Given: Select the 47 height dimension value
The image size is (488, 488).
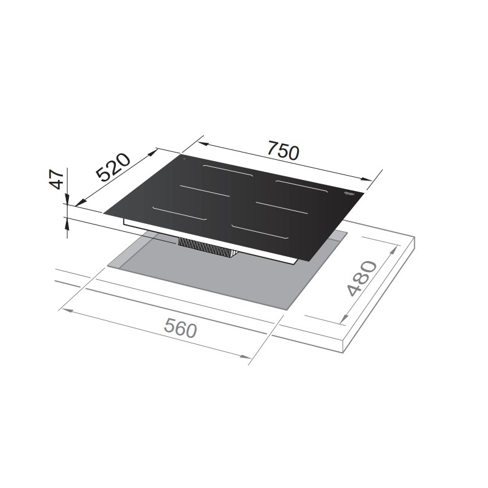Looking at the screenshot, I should coord(57,180).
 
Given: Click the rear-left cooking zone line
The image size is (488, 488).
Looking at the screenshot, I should coord(228,171).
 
